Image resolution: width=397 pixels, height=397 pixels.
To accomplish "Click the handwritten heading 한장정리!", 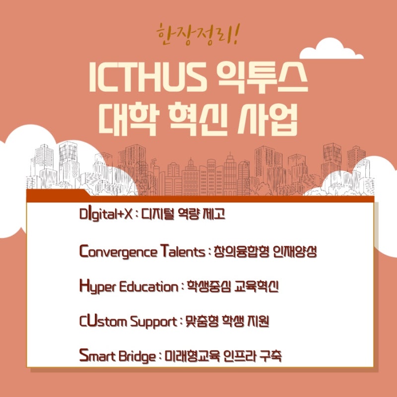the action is click(198, 35).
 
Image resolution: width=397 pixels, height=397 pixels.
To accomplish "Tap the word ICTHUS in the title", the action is click(147, 77).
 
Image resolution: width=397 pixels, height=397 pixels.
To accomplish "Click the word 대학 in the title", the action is click(129, 119).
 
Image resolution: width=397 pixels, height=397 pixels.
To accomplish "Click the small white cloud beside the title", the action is click(331, 49).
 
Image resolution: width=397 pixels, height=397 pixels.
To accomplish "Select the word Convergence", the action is click(118, 252).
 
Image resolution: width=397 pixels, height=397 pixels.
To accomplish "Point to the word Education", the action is click(148, 287).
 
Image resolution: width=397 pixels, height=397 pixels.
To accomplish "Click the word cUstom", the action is click(103, 321).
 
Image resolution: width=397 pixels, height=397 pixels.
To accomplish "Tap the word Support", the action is click(154, 322).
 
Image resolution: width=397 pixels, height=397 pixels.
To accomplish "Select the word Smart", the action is click(97, 356).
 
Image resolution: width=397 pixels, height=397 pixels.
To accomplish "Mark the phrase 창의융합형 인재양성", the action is click(265, 252).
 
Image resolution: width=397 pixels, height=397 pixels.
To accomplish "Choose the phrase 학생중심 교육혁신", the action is click(232, 287).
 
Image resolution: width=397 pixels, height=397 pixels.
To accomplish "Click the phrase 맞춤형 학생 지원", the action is click(227, 321).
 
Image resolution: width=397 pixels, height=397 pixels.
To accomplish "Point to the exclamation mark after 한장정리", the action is click(235, 34).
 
